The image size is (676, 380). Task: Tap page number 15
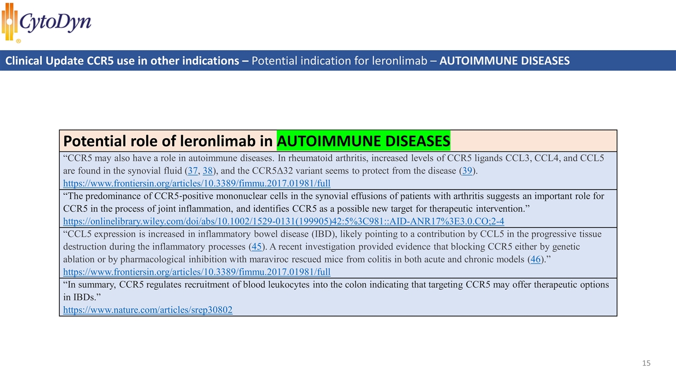tap(646, 363)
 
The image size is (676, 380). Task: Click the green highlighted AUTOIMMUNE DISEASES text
tap(363, 141)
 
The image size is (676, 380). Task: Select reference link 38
tap(208, 171)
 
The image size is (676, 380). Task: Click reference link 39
tap(468, 171)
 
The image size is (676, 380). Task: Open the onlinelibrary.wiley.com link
tap(283, 222)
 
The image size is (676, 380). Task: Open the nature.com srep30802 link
tap(147, 310)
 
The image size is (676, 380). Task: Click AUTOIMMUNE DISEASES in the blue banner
tap(504, 61)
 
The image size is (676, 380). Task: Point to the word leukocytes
tap(286, 285)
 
